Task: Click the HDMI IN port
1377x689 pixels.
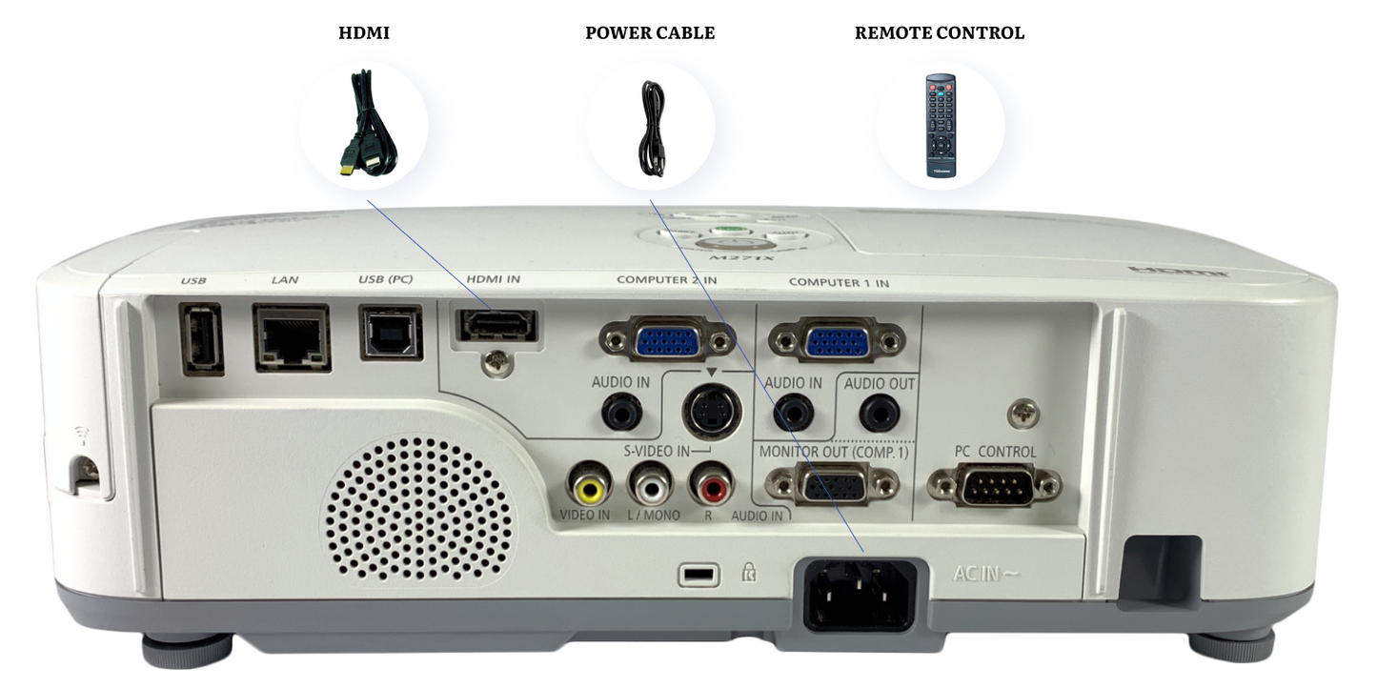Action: [497, 326]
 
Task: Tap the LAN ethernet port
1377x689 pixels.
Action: [291, 336]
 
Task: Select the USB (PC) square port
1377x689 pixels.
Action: [391, 333]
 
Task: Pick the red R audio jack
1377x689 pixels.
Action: [711, 487]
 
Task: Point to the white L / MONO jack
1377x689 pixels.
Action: [650, 487]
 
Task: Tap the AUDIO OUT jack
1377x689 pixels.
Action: [879, 414]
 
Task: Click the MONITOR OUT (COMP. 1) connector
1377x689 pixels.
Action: [832, 485]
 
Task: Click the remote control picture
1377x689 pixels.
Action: [941, 125]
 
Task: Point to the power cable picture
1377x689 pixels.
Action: [651, 127]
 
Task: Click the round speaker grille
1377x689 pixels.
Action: [419, 509]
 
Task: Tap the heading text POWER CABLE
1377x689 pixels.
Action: [650, 33]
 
